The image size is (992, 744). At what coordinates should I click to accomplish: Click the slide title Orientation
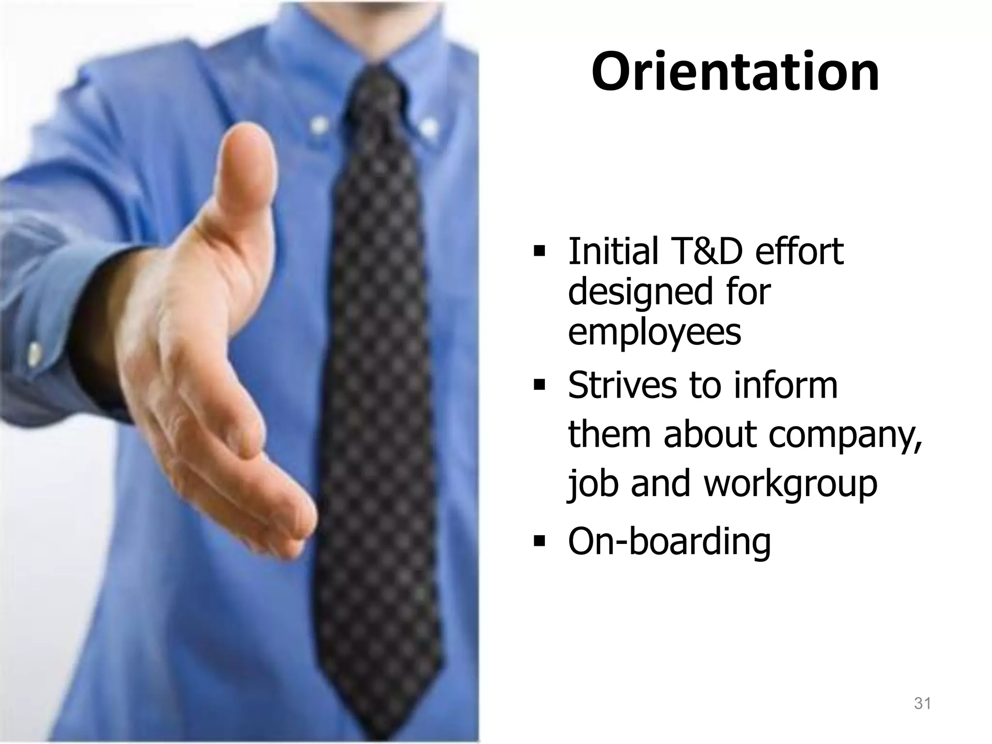[x=735, y=72]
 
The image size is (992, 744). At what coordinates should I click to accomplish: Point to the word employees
[x=654, y=333]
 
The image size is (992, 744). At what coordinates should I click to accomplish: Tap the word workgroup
[x=790, y=484]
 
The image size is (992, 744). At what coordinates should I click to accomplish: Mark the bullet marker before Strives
[x=539, y=386]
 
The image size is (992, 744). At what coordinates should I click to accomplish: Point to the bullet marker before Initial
[x=539, y=252]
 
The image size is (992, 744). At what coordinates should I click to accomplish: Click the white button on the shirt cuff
[x=34, y=354]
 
